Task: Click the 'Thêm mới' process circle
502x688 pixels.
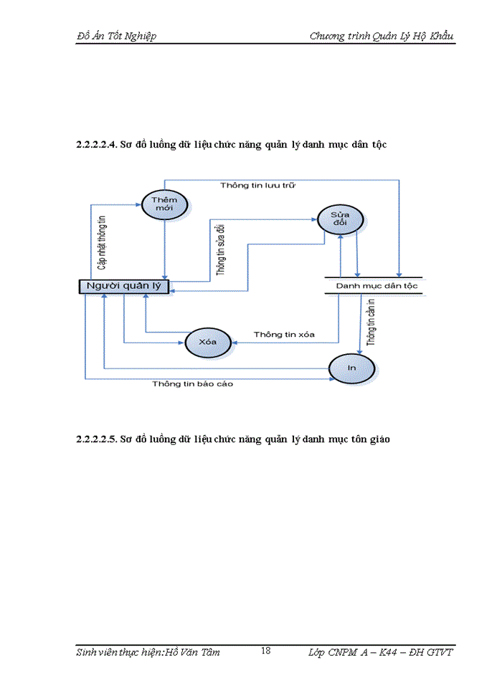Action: (166, 204)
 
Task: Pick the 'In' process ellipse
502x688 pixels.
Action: (351, 367)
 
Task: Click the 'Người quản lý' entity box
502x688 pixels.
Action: (123, 287)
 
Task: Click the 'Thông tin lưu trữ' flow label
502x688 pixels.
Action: (258, 185)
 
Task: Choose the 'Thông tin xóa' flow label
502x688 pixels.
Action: (284, 335)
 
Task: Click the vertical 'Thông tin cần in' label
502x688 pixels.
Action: (371, 323)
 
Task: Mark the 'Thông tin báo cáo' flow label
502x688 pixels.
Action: (192, 383)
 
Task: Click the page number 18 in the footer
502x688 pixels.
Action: (265, 651)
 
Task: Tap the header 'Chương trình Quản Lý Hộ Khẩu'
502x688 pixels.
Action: (382, 36)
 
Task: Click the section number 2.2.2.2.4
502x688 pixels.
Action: (96, 145)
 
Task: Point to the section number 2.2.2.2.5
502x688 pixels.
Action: (96, 439)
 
